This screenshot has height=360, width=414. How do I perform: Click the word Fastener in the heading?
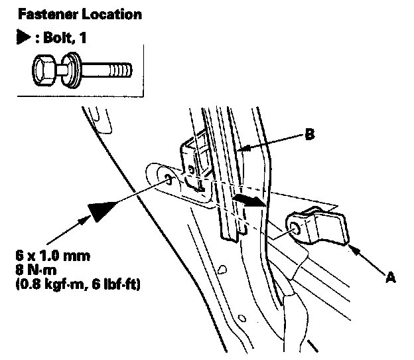[48, 14]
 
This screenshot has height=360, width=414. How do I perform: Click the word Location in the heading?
[112, 14]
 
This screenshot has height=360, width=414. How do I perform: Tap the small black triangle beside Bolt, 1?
[23, 37]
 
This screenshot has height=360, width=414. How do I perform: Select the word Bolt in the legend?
[57, 37]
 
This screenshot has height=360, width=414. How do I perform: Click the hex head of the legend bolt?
[44, 70]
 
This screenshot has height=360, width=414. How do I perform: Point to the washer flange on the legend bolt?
[72, 70]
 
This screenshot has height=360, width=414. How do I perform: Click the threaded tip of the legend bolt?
[120, 70]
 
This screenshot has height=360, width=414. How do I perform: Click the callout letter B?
[310, 134]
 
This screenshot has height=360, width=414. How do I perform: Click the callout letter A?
[391, 278]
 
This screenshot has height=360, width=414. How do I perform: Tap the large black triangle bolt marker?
[101, 211]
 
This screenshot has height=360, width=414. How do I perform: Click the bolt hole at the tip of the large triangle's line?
[169, 180]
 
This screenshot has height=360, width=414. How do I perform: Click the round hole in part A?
[295, 228]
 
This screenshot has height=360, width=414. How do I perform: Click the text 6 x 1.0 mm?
[53, 256]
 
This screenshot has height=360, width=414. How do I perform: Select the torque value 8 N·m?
[36, 270]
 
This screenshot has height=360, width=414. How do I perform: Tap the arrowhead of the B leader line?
[245, 149]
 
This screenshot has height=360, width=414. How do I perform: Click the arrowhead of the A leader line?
[355, 250]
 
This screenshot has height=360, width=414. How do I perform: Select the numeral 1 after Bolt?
[83, 37]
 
